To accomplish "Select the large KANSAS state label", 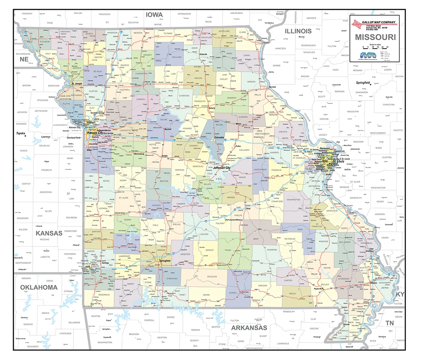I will [49, 233].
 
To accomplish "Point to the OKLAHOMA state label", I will [39, 287].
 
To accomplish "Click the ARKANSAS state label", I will [249, 328].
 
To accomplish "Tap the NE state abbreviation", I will [24, 59].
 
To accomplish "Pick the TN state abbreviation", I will [389, 323].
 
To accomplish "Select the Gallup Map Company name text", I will [378, 22].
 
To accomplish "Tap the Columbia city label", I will [219, 137].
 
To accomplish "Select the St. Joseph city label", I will [77, 84].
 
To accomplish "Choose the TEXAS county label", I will [228, 250].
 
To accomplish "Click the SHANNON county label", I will [272, 250].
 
